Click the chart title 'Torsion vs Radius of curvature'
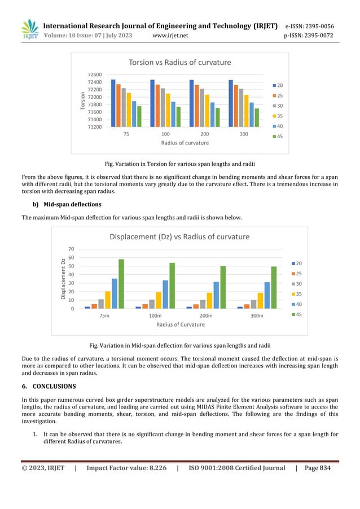tap(179, 62)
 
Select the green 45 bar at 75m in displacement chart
tap(121, 284)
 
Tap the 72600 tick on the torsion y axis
tap(94, 74)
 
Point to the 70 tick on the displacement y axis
tap(71, 249)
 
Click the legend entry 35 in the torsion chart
tap(280, 116)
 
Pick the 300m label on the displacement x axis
tap(256, 316)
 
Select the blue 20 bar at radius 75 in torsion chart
tap(113, 103)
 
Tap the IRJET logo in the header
tap(29, 29)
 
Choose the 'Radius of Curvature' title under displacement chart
tap(181, 324)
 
